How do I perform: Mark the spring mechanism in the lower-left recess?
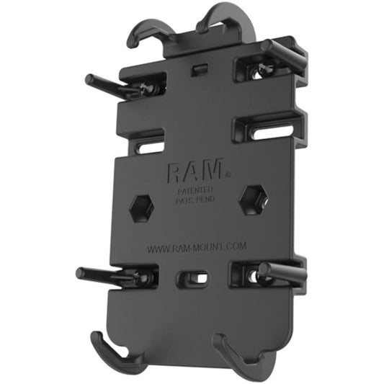tap(144, 276)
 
